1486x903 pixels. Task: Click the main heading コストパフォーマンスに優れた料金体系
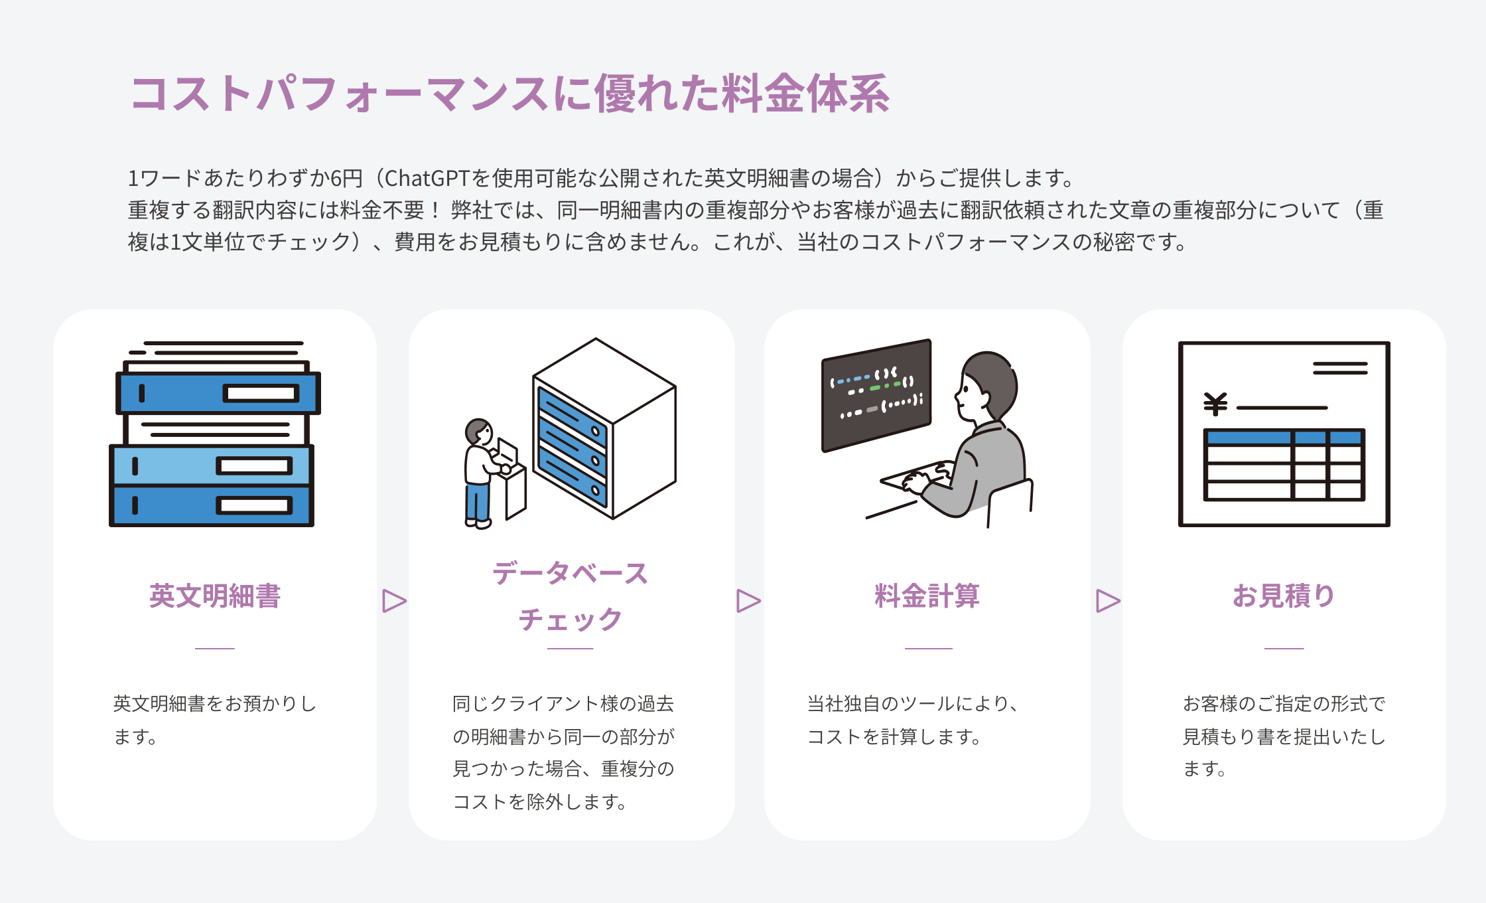[x=509, y=94]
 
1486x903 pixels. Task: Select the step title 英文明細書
[x=215, y=596]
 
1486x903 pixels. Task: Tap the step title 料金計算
[x=927, y=596]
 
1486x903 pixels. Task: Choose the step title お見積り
[x=1283, y=596]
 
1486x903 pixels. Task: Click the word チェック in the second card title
[x=570, y=619]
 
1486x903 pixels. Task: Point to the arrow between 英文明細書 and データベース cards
[x=394, y=601]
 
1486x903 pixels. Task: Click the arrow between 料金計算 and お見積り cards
[x=1107, y=601]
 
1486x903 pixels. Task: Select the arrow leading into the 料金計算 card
[x=748, y=601]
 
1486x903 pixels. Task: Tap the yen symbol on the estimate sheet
[x=1215, y=404]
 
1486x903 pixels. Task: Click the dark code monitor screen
[x=876, y=395]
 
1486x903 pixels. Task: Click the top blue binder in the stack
[x=218, y=393]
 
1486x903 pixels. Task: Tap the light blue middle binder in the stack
[x=211, y=465]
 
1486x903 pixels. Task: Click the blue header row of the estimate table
[x=1283, y=437]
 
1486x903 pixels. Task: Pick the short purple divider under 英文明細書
[x=215, y=648]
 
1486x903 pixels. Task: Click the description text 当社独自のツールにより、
[x=913, y=704]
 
